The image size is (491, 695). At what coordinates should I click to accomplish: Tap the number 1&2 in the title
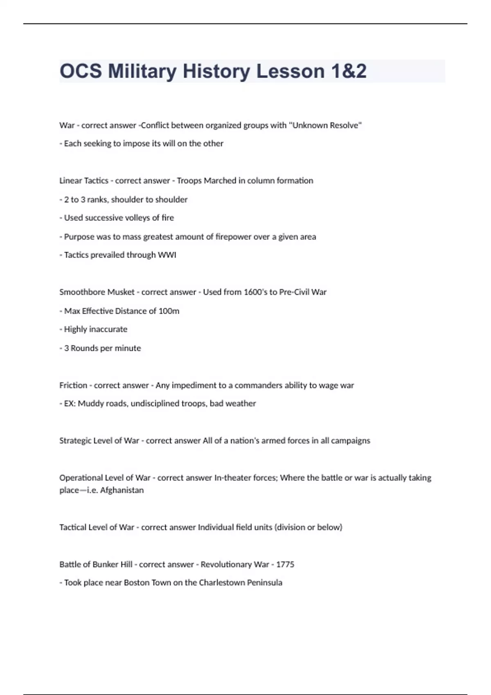pos(349,71)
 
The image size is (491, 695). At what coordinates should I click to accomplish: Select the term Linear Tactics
pos(83,181)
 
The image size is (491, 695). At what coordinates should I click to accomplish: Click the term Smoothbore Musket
pos(97,292)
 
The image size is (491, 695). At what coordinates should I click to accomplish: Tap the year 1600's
pos(255,292)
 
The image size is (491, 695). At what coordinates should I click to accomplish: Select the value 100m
pos(169,311)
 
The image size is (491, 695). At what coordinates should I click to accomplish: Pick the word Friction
pos(73,385)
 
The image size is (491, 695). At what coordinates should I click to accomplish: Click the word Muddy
pos(91,404)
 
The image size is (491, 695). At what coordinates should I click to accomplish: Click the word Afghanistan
pos(122,490)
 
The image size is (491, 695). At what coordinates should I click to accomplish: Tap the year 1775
pos(285,564)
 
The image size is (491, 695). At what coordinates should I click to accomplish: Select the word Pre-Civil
pos(294,292)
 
